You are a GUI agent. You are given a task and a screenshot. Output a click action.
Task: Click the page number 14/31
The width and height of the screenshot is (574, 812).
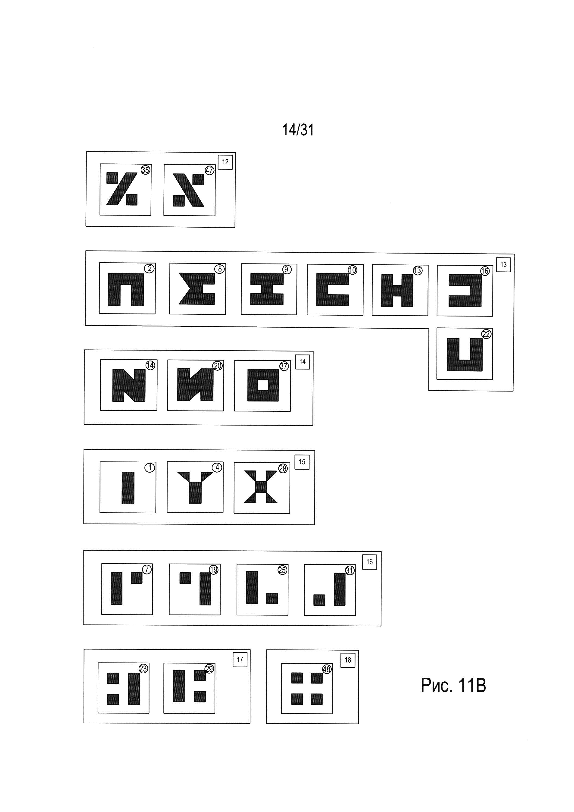click(x=298, y=130)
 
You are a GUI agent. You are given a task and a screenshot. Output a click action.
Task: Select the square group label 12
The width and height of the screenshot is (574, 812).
click(x=225, y=162)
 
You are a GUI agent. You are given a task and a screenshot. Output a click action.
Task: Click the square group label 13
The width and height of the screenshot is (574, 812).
click(x=503, y=265)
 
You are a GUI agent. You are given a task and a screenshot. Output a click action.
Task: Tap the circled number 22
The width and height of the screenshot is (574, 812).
click(x=486, y=334)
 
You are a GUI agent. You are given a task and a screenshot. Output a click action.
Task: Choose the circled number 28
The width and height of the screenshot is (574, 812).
click(x=283, y=469)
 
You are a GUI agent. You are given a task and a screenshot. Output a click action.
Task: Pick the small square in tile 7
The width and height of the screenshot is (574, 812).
click(x=136, y=578)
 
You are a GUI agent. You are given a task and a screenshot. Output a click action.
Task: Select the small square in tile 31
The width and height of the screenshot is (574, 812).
click(x=319, y=600)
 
